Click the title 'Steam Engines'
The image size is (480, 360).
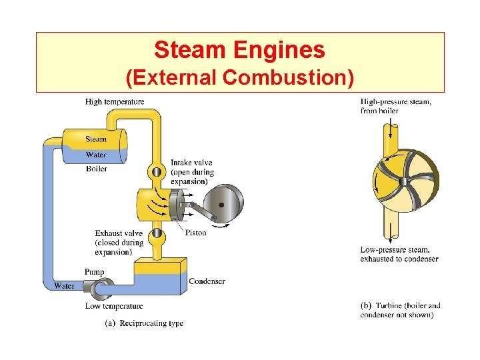(x=239, y=50)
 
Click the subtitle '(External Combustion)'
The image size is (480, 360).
(x=239, y=77)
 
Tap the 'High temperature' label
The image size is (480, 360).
(x=115, y=102)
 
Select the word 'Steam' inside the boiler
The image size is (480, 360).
(x=96, y=139)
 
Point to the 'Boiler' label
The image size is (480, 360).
(x=97, y=169)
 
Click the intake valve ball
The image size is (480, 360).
(x=156, y=172)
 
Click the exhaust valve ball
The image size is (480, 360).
(x=156, y=233)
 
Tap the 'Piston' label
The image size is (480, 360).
(x=195, y=233)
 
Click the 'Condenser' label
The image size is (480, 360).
(x=207, y=281)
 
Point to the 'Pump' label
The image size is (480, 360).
(x=94, y=272)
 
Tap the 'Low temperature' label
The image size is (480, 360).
(x=114, y=306)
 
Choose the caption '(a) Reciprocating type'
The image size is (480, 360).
(x=144, y=323)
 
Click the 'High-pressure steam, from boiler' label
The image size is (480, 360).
(x=395, y=106)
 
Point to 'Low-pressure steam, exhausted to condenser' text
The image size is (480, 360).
(x=399, y=254)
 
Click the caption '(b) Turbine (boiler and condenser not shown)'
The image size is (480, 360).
(x=400, y=310)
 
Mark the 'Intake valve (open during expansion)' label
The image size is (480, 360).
(x=192, y=172)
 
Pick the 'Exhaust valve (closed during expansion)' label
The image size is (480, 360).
(x=119, y=243)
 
